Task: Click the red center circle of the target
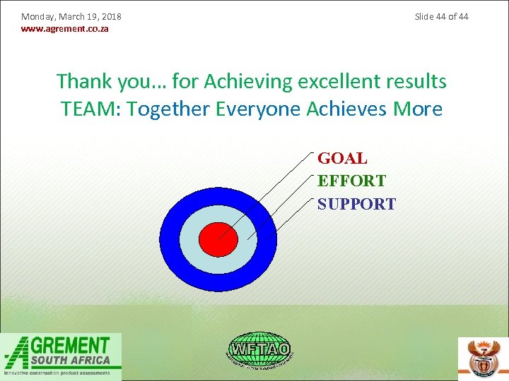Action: [218, 239]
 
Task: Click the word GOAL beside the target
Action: [342, 158]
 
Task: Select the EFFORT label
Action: [351, 181]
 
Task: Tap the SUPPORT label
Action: [356, 204]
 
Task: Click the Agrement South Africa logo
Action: [62, 356]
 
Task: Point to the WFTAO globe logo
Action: [259, 349]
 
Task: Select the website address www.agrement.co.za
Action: [65, 29]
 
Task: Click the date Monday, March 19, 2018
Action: [71, 16]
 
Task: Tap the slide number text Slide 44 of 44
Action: [441, 16]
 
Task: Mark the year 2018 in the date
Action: [111, 16]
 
